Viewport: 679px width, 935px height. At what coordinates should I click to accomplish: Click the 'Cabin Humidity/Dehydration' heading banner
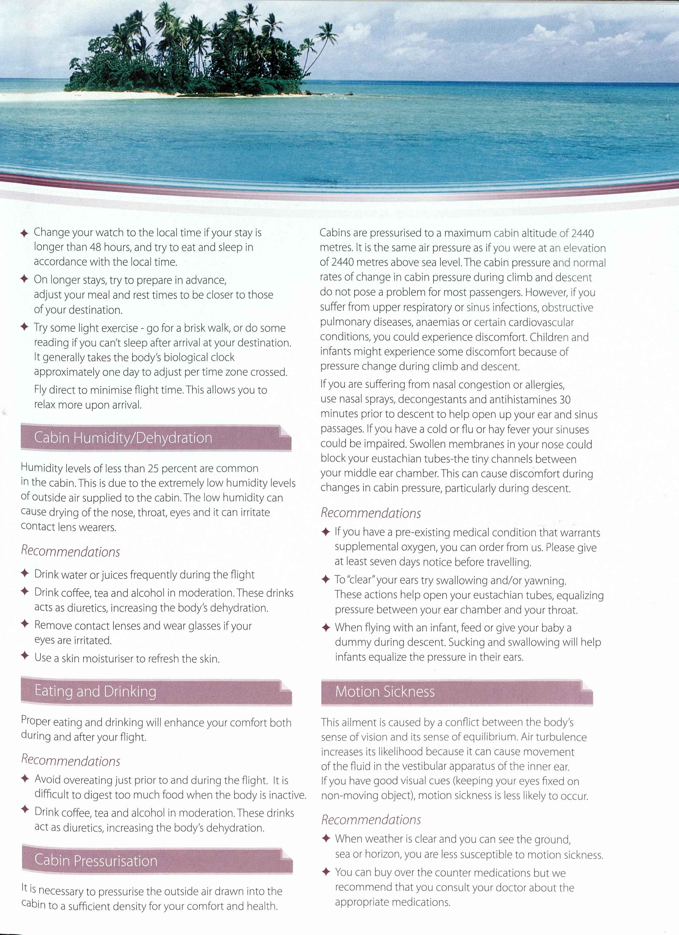click(x=156, y=438)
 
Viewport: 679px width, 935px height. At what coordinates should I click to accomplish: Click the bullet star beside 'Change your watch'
click(x=24, y=233)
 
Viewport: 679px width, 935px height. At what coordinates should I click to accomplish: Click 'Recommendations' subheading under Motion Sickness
click(x=371, y=820)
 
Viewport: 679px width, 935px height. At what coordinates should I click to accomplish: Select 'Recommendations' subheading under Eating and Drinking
click(x=71, y=761)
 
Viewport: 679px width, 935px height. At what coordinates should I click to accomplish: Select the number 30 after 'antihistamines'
click(x=565, y=400)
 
